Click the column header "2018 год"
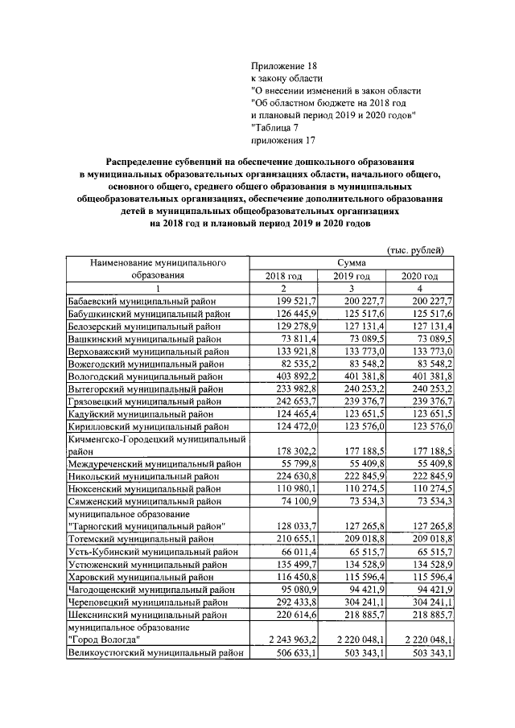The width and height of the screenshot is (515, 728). coord(284,276)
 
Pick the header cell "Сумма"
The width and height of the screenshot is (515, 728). coord(352,263)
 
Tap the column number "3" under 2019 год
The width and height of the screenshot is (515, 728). coord(352,289)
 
